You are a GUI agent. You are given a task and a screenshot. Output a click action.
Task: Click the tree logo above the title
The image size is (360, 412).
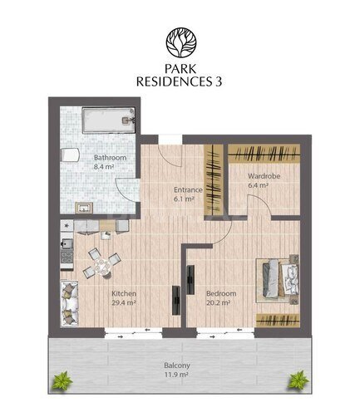coord(181,42)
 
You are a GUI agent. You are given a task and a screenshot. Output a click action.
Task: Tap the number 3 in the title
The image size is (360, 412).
coord(219,81)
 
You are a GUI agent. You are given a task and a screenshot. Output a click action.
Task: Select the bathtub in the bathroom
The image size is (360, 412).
coord(109,120)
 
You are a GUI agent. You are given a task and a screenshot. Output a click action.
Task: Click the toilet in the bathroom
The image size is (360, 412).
coord(70,154)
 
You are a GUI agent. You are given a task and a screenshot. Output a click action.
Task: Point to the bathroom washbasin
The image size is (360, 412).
coord(84,208)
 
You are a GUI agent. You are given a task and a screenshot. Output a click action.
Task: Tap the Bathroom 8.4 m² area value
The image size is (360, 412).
coord(104,167)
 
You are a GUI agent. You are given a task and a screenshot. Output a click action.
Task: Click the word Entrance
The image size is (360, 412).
coord(188,190)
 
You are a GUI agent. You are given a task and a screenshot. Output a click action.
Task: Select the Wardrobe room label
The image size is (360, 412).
coord(264,176)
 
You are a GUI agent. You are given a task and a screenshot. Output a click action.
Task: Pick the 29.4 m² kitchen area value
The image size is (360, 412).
coord(124,302)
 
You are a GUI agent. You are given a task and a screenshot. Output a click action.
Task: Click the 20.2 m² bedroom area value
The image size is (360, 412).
coord(219,302)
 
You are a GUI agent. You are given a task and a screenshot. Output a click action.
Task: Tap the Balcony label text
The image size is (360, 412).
coord(177,365)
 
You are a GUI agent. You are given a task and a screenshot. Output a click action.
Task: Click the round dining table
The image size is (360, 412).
coord(102,267)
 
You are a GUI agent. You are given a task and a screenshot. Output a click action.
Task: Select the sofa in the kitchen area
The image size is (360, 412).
coord(69,304)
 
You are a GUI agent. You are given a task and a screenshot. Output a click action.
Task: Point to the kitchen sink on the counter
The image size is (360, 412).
coord(67,244)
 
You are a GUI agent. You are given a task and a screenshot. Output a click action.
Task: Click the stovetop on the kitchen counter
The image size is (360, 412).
coord(67,257)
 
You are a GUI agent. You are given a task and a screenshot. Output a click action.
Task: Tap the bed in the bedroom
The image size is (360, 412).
coord(278,281)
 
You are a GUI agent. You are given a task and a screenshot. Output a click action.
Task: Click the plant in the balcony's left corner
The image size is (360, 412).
coord(63,380)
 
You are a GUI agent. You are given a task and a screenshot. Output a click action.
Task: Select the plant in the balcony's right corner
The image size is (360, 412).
coord(298,380)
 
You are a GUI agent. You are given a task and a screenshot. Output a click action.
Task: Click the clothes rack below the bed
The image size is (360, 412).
coord(278,321)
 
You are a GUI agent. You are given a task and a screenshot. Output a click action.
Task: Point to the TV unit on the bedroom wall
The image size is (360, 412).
coord(190,280)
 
